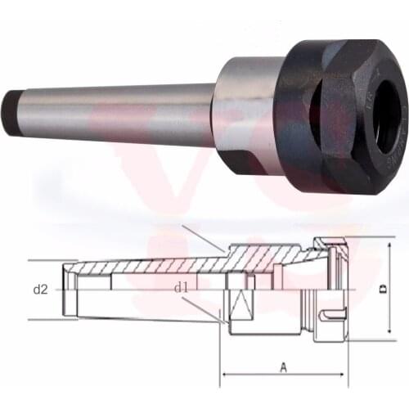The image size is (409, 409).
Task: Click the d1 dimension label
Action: [x=181, y=287]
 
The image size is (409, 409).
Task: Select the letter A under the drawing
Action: [x=283, y=368]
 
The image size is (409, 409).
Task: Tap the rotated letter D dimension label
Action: [x=383, y=289]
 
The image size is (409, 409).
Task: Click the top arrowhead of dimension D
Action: [x=391, y=244]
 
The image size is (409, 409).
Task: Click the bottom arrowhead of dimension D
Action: [x=391, y=336]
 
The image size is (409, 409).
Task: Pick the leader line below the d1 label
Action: [x=200, y=308]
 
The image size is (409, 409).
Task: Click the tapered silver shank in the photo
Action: [x=115, y=110]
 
